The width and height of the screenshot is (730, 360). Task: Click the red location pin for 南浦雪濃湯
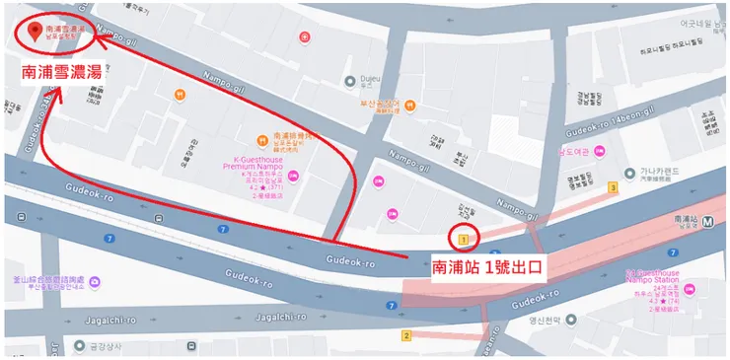point(36,32)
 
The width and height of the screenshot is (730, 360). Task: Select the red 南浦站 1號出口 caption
point(488,266)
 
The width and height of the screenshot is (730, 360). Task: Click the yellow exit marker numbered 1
point(463,239)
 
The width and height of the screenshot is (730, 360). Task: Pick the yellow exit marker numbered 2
point(405,335)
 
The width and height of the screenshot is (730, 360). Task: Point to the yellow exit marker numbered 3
point(614,187)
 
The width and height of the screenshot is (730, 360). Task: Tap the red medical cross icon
point(306,37)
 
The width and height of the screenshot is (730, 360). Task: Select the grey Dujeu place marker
point(348,82)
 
